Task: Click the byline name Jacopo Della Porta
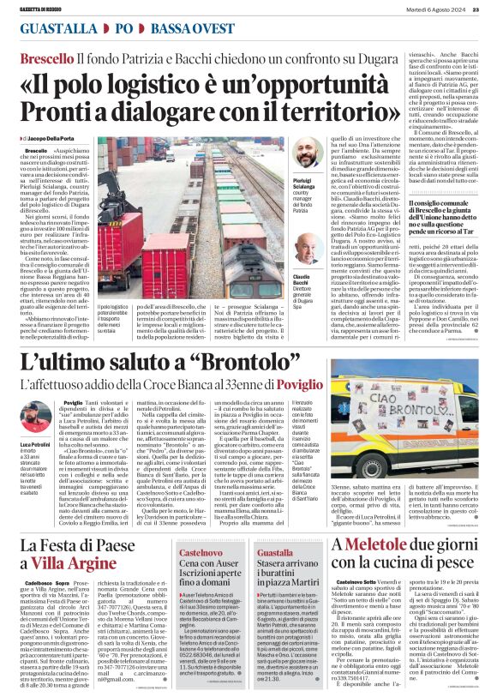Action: coord(50,138)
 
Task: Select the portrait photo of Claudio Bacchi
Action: coord(307,248)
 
